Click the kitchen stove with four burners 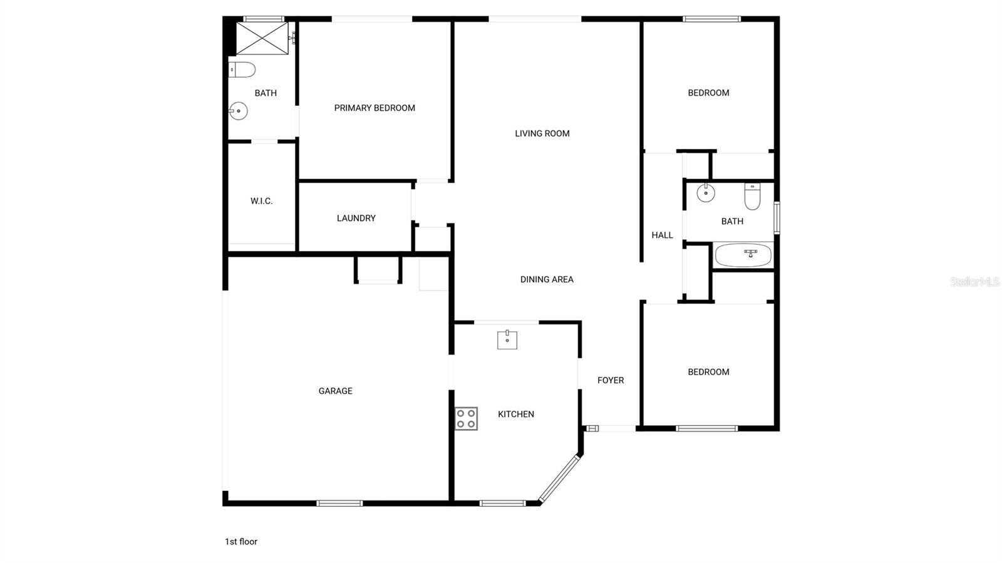(x=466, y=418)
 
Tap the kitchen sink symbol (x=507, y=340)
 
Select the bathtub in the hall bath (x=743, y=255)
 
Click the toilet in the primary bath (x=242, y=69)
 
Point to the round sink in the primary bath (x=238, y=111)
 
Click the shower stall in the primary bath (x=262, y=38)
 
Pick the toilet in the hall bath (x=752, y=196)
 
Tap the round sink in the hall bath (x=706, y=192)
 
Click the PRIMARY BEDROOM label (x=374, y=108)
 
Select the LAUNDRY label (x=356, y=218)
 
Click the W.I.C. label (x=261, y=201)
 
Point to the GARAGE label (x=335, y=391)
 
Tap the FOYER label (x=611, y=380)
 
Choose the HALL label (x=662, y=235)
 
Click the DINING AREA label (x=547, y=279)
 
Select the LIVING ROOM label (x=542, y=133)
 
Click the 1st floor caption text (x=241, y=542)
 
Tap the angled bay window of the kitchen (x=559, y=479)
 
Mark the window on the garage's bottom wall (x=339, y=503)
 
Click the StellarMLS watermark (x=974, y=282)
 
